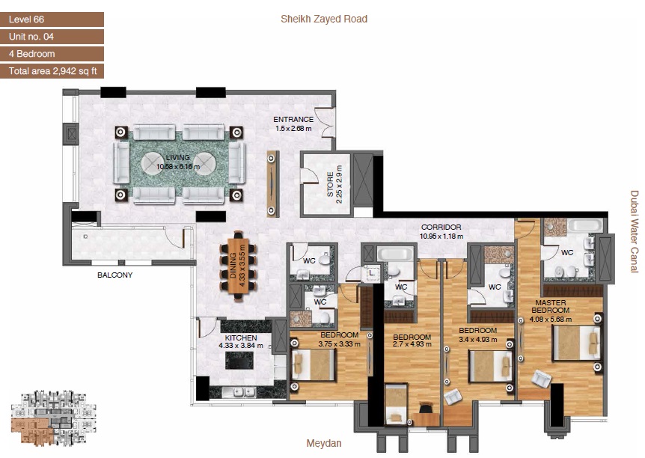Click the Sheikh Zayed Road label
(x=323, y=19)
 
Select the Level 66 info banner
(x=52, y=19)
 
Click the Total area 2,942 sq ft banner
(x=52, y=72)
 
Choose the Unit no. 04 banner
(x=52, y=37)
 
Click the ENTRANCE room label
(x=293, y=120)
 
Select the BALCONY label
(x=114, y=275)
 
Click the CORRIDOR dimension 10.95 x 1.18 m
(x=441, y=236)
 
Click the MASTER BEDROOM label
(x=550, y=307)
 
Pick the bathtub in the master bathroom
(x=573, y=226)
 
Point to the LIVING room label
(x=178, y=158)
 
